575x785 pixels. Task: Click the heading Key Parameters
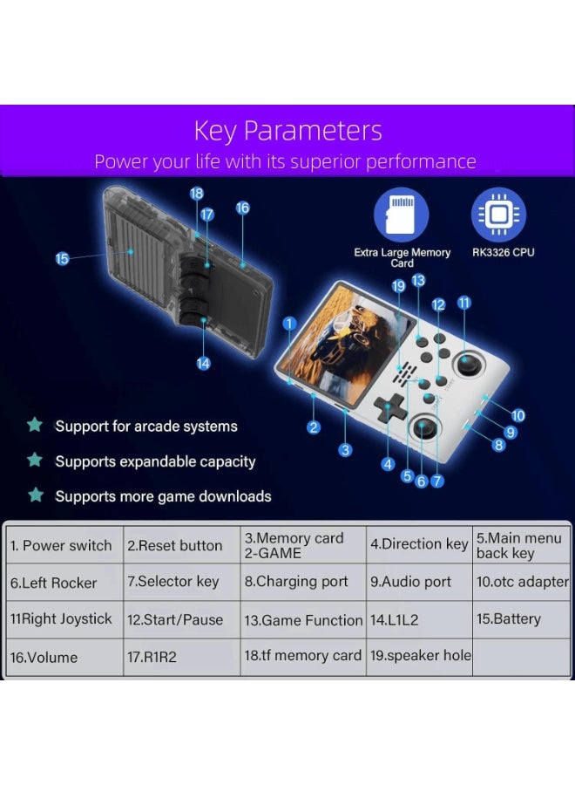pos(287,131)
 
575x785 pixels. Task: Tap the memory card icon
pos(402,216)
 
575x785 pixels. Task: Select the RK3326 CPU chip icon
pos(499,215)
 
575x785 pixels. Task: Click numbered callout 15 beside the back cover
pos(62,259)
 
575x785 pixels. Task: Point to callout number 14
pos(203,364)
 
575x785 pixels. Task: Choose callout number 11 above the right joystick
pos(463,303)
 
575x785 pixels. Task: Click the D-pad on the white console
pos(389,406)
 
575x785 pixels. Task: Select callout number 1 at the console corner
pos(289,324)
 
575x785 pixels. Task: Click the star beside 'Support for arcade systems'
pos(35,426)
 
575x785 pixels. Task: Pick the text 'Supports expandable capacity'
pos(155,461)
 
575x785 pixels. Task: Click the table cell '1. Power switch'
pos(63,546)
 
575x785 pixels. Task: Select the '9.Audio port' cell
pos(419,582)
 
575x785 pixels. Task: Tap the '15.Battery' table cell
pos(520,619)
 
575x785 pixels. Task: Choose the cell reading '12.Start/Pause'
pos(181,620)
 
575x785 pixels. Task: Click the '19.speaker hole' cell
pos(419,656)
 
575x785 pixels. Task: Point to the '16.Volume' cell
pos(63,658)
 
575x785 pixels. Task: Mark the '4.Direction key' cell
pos(419,544)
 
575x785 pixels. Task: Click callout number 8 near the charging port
pos(499,445)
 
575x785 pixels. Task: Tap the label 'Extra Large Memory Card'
pos(402,257)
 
